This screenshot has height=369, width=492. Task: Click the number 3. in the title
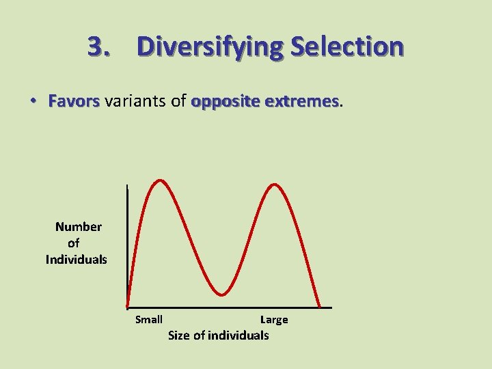[100, 46]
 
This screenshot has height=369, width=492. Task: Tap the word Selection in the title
[346, 46]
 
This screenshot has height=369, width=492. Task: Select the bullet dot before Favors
[33, 101]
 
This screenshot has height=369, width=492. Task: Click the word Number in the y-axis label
[79, 227]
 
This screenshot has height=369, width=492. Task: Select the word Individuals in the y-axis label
[77, 260]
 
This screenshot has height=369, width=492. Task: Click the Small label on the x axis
[149, 320]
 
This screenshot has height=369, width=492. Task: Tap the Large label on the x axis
[274, 320]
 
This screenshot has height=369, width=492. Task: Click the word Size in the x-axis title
[179, 336]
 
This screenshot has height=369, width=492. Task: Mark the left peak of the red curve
[160, 180]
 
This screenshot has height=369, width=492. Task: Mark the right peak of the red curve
[275, 184]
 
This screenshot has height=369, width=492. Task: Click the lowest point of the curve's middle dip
[221, 295]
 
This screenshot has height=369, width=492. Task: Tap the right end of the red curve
[320, 306]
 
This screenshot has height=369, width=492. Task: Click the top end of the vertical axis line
[127, 186]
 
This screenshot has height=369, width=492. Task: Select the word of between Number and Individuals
[74, 243]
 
